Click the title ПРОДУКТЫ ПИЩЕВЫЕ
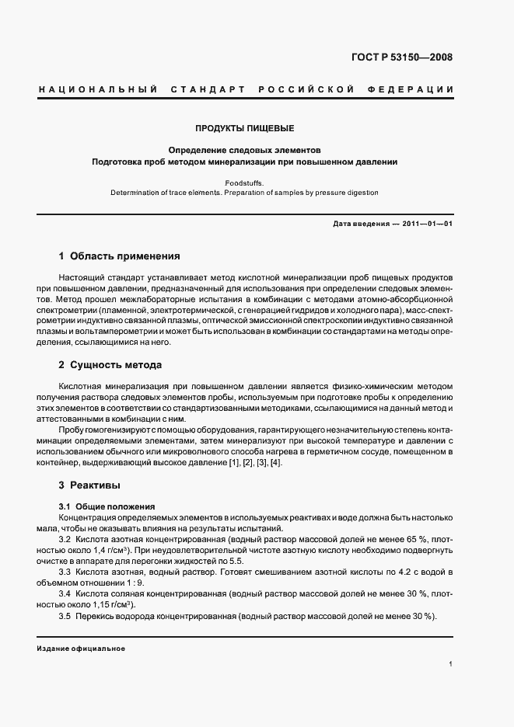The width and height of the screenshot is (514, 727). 244,127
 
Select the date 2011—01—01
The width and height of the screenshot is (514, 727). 427,224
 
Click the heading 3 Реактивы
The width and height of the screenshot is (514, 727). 89,485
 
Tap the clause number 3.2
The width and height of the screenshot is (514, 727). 65,538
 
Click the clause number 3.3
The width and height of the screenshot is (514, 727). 65,571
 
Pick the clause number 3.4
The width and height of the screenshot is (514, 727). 65,593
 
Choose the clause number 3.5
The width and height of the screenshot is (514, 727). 65,616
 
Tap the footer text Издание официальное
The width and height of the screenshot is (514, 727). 81,649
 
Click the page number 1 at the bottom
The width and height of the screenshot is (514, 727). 451,664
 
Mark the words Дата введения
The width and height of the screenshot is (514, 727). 361,224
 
